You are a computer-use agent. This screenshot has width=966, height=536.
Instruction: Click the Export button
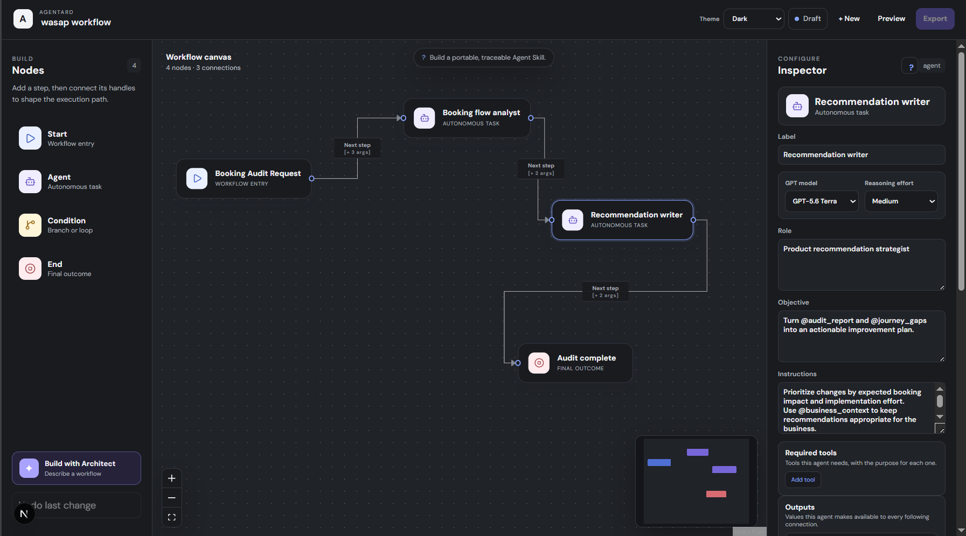(935, 19)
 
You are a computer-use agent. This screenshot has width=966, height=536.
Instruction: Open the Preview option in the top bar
(891, 19)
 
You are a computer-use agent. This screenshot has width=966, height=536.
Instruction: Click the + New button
(849, 19)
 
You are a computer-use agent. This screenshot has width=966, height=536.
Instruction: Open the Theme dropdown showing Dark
(754, 19)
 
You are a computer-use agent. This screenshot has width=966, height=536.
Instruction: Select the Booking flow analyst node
(467, 118)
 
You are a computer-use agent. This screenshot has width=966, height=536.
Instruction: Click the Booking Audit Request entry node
(244, 179)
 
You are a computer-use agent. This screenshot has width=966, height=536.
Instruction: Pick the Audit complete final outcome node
(575, 363)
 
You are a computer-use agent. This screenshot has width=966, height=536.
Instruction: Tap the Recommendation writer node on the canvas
(622, 220)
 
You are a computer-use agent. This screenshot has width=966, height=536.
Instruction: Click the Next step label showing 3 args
(357, 149)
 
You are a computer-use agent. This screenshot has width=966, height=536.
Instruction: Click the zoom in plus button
(172, 478)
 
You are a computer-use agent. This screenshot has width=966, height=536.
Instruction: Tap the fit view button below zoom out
(172, 517)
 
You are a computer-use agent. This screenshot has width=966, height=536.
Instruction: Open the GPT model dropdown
(822, 201)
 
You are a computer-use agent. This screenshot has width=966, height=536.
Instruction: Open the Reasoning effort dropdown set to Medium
(901, 201)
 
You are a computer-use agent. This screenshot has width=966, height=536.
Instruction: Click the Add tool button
(803, 479)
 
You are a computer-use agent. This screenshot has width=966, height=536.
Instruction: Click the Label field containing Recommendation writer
(861, 155)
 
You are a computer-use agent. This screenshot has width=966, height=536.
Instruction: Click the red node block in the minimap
(716, 494)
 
